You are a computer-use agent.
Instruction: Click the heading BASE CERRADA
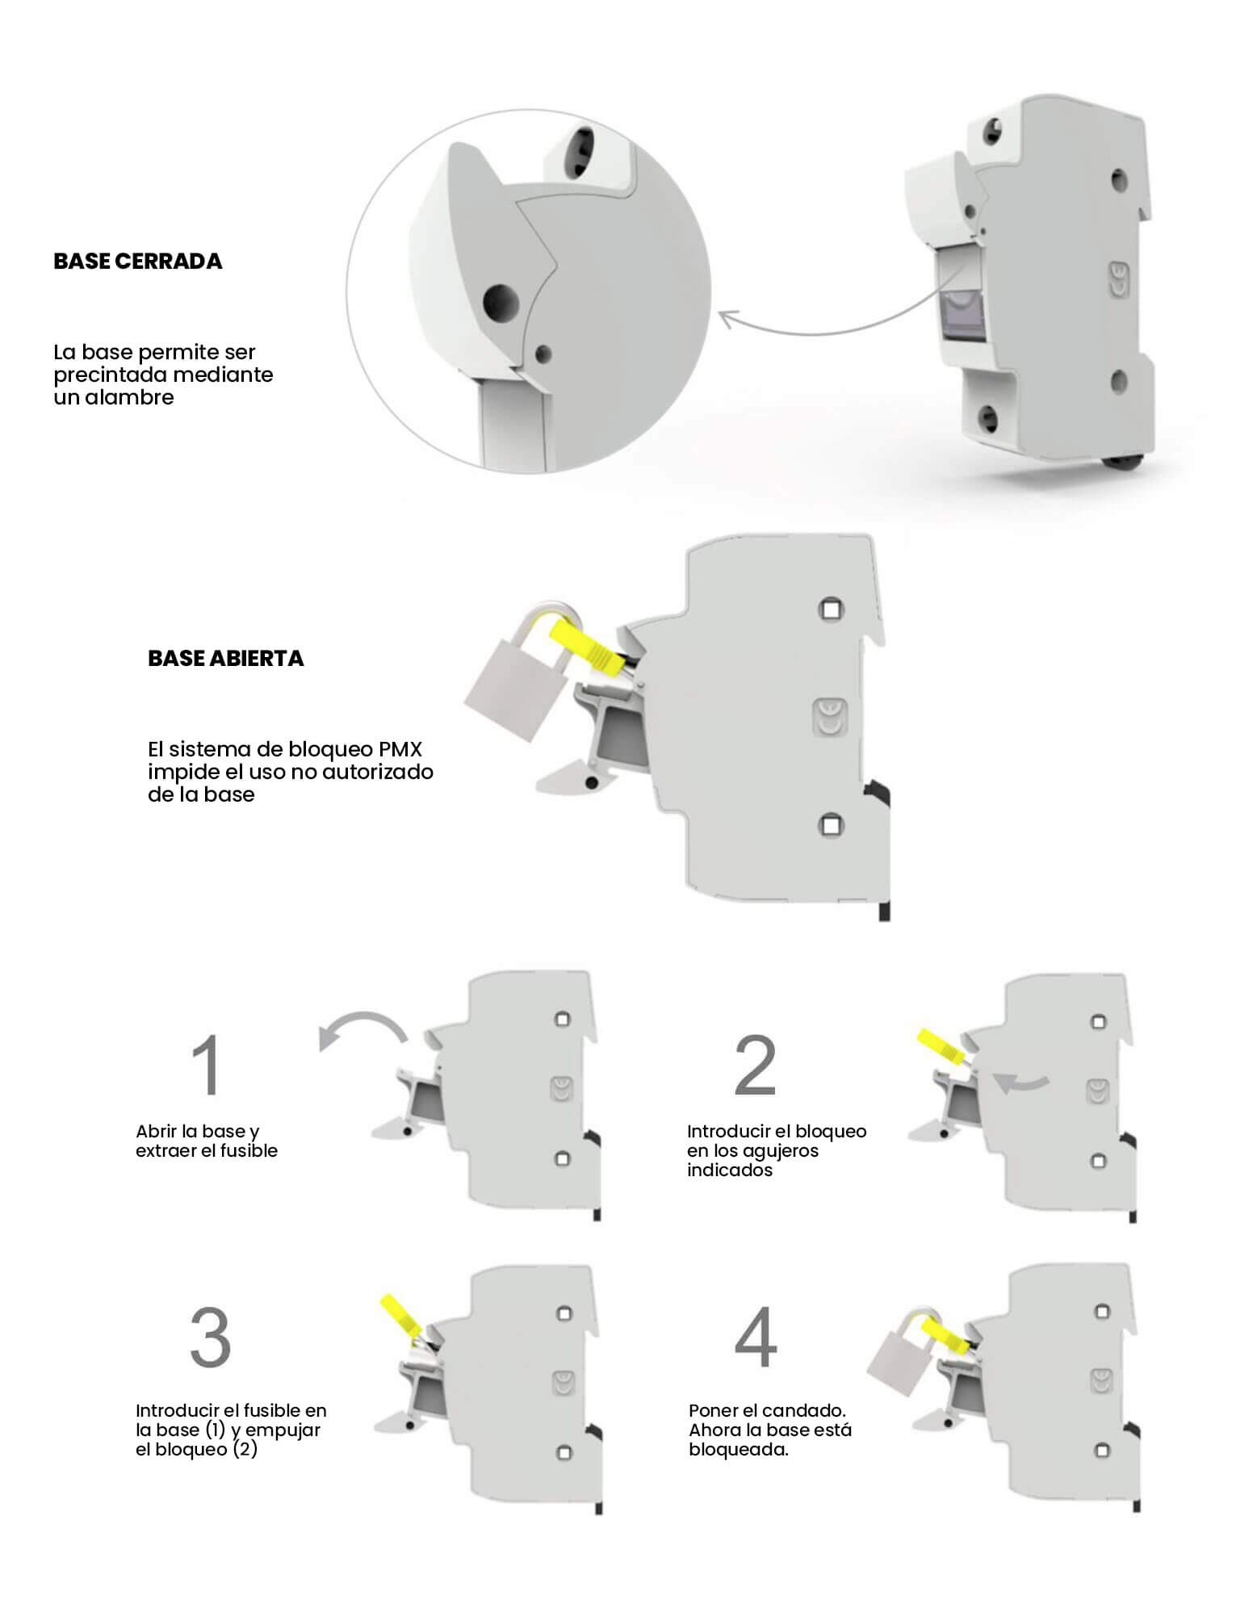[137, 261]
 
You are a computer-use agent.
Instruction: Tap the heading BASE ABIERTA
[225, 658]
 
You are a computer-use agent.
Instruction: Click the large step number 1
[207, 1065]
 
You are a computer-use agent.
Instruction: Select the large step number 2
[756, 1065]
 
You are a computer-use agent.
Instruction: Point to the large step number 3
[210, 1338]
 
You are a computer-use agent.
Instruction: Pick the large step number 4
[756, 1338]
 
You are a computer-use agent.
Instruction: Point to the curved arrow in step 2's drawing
[1020, 1082]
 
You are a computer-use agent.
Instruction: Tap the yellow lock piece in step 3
[400, 1315]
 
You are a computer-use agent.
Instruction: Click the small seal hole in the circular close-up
[545, 353]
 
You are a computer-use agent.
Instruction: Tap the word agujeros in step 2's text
[783, 1151]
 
